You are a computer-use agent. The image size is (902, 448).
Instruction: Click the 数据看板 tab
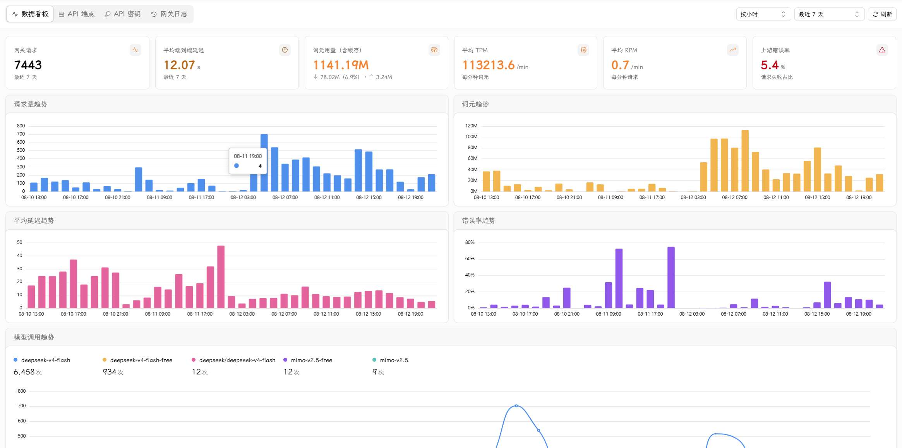click(x=30, y=14)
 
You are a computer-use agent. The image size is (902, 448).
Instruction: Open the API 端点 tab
click(x=77, y=14)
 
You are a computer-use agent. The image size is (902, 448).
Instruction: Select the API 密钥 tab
click(x=123, y=14)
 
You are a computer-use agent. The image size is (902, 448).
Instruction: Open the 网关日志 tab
click(x=169, y=14)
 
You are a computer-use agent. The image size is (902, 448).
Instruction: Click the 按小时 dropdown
click(x=763, y=14)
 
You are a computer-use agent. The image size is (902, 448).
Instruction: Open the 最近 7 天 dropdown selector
click(x=829, y=14)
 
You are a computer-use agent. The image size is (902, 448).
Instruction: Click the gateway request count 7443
click(x=28, y=65)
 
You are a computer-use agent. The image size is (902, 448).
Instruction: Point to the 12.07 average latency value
click(x=179, y=65)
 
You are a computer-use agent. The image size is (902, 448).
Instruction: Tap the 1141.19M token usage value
click(x=341, y=65)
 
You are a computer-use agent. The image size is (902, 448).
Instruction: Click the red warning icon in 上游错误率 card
click(x=882, y=50)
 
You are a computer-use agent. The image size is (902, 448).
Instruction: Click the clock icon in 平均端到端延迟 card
click(x=285, y=50)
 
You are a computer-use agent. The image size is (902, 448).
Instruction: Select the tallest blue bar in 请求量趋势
click(x=264, y=163)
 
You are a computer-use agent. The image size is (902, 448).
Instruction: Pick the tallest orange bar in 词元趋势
click(x=745, y=161)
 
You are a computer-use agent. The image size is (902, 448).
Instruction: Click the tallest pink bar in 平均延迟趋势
click(x=221, y=277)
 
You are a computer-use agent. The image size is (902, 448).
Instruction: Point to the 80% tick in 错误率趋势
click(x=470, y=242)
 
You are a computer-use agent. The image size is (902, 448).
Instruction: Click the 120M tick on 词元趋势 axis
click(x=471, y=126)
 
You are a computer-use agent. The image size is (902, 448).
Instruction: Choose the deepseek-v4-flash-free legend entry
click(x=137, y=360)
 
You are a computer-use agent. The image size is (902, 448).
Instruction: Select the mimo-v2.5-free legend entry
click(x=308, y=360)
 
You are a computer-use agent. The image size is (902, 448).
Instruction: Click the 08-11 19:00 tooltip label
click(x=248, y=156)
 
